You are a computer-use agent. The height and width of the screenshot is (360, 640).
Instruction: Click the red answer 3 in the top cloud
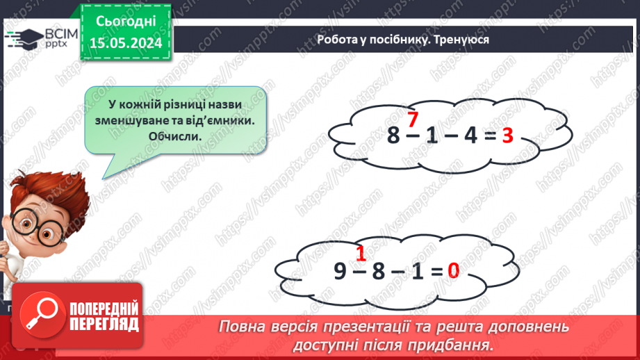coord(507,136)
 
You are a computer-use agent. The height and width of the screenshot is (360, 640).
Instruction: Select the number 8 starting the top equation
coord(394,136)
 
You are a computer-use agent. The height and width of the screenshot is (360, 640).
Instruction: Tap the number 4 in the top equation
coord(469,136)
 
